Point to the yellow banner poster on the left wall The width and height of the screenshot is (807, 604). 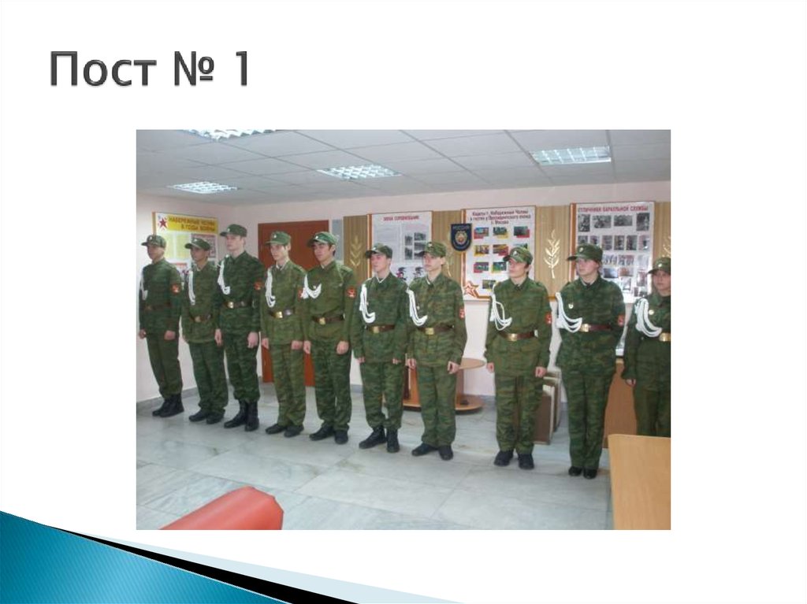coord(186,236)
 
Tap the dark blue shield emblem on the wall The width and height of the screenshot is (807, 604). coord(461,235)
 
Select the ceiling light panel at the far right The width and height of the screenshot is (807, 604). coord(571,154)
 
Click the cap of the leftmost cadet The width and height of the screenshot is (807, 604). coord(154,240)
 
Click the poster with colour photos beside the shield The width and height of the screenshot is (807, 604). coord(499,244)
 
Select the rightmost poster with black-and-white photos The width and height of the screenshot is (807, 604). coord(612,240)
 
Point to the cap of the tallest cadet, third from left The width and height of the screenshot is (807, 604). coord(233,230)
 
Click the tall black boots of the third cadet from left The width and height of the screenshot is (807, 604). coord(243,415)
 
